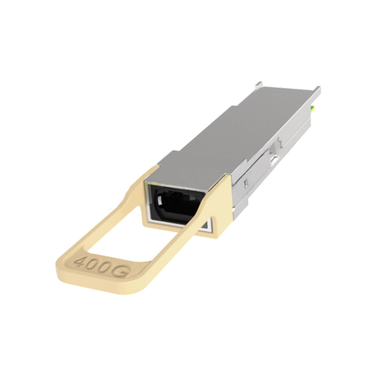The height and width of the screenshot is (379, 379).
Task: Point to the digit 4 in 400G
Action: click(x=81, y=262)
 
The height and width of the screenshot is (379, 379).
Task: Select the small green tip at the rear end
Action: click(x=312, y=110)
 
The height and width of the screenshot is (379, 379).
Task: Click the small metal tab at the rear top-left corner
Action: click(x=258, y=85)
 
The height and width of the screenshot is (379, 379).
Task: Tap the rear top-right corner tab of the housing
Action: click(x=317, y=91)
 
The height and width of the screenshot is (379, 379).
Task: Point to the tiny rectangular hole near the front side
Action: click(x=246, y=185)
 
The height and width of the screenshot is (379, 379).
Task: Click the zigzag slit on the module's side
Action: click(x=280, y=143)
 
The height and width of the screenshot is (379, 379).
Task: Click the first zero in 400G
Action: click(x=93, y=265)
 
